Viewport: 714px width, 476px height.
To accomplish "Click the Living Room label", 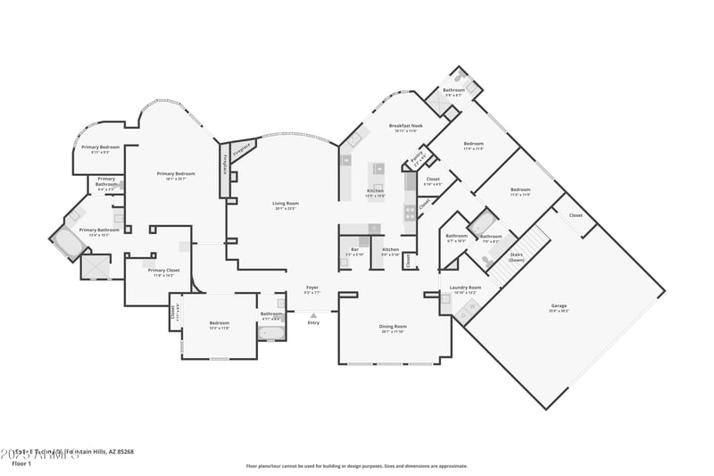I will point(286,204).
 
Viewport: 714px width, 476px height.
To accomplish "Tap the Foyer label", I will point(311,288).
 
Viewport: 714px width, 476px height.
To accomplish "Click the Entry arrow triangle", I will point(312,315).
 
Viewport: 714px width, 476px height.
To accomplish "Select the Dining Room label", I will point(394,327).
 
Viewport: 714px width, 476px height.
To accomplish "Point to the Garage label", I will point(559,306).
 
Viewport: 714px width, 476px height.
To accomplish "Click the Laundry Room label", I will point(466,288).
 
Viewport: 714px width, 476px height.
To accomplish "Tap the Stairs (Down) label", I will point(516,256).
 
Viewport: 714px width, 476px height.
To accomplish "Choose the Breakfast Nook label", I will point(405,126).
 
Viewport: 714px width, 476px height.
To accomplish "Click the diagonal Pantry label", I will point(417,158).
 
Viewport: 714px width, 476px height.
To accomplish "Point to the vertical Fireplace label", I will point(224,163).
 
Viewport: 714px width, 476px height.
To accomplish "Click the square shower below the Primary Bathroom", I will point(95,266).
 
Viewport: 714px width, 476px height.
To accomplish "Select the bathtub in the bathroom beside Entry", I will point(271,332).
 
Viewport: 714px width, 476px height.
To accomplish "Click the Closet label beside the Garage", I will point(576,215).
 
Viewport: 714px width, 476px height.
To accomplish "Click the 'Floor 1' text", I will point(21,463).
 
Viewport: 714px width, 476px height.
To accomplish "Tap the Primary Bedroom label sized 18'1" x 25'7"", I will point(176,174).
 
